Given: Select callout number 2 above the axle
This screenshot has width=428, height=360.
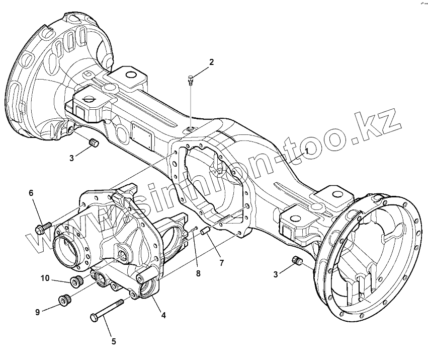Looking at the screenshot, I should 211,62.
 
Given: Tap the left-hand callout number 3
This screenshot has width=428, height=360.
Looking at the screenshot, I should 72,158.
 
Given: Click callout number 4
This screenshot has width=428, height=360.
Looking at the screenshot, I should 163,315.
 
